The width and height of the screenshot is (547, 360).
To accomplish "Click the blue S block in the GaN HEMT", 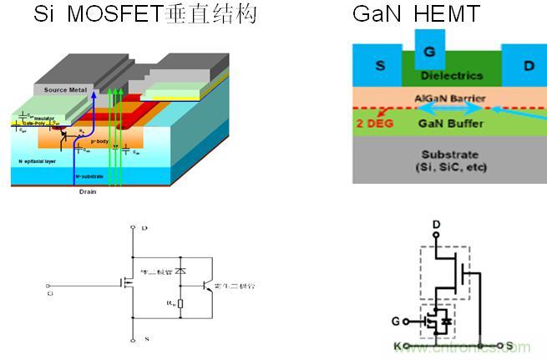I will coord(379,65).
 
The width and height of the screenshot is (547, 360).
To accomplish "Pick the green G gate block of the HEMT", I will coord(429,52).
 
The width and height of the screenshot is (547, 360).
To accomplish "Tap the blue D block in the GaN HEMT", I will coord(528,65).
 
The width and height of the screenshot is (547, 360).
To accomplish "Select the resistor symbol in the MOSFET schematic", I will coord(172,303).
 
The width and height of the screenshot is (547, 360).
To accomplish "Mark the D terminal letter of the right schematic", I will coord(435,224).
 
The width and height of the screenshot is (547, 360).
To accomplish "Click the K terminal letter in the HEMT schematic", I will coord(396,346).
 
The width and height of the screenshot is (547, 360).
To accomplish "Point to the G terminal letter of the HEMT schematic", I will coord(396,322).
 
